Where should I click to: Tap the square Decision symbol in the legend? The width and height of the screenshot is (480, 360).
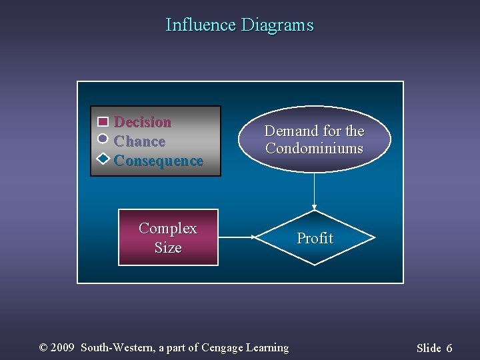pyautogui.click(x=103, y=122)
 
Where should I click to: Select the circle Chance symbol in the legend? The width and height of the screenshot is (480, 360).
pyautogui.click(x=103, y=139)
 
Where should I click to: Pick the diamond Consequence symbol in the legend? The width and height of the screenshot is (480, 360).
pyautogui.click(x=103, y=159)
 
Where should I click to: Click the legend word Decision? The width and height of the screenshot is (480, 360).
pyautogui.click(x=143, y=122)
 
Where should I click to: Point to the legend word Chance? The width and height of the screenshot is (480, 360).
pyautogui.click(x=140, y=141)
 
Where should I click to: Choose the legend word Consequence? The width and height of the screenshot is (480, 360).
pyautogui.click(x=159, y=161)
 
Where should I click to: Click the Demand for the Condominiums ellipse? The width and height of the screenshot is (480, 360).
pyautogui.click(x=314, y=139)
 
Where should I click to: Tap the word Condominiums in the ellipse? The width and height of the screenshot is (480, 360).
pyautogui.click(x=314, y=148)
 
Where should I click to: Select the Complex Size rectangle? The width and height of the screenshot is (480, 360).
pyautogui.click(x=168, y=237)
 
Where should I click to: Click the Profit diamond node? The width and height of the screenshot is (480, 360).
pyautogui.click(x=315, y=238)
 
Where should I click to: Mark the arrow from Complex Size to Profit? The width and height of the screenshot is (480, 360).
pyautogui.click(x=237, y=237)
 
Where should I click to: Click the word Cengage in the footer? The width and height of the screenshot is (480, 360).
pyautogui.click(x=222, y=347)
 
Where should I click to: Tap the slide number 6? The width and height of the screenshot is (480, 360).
pyautogui.click(x=449, y=348)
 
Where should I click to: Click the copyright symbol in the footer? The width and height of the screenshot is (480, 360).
pyautogui.click(x=44, y=347)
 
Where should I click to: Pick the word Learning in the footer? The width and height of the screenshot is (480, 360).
pyautogui.click(x=267, y=347)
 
